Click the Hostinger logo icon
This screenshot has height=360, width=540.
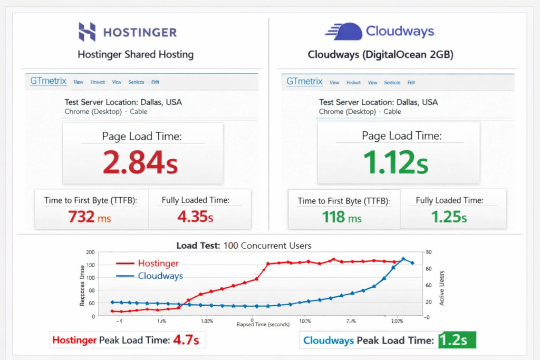point(87,32)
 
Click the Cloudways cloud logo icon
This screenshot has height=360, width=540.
point(343,31)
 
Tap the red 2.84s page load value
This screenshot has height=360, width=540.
point(140,162)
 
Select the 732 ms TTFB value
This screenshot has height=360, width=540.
point(89,217)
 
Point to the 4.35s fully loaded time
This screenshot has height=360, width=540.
point(195,217)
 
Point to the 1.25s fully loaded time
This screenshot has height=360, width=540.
point(449,217)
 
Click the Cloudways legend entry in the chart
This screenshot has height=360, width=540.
point(150,276)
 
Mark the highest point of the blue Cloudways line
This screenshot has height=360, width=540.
point(403,259)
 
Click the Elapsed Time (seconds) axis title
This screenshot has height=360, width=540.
point(263,325)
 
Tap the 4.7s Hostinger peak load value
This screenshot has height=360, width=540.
point(186,340)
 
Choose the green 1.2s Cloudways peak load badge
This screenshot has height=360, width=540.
point(457,340)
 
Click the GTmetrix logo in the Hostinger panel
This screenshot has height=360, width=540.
point(48,81)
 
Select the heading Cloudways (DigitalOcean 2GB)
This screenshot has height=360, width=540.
point(380,55)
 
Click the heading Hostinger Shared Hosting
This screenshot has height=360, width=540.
point(136,54)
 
